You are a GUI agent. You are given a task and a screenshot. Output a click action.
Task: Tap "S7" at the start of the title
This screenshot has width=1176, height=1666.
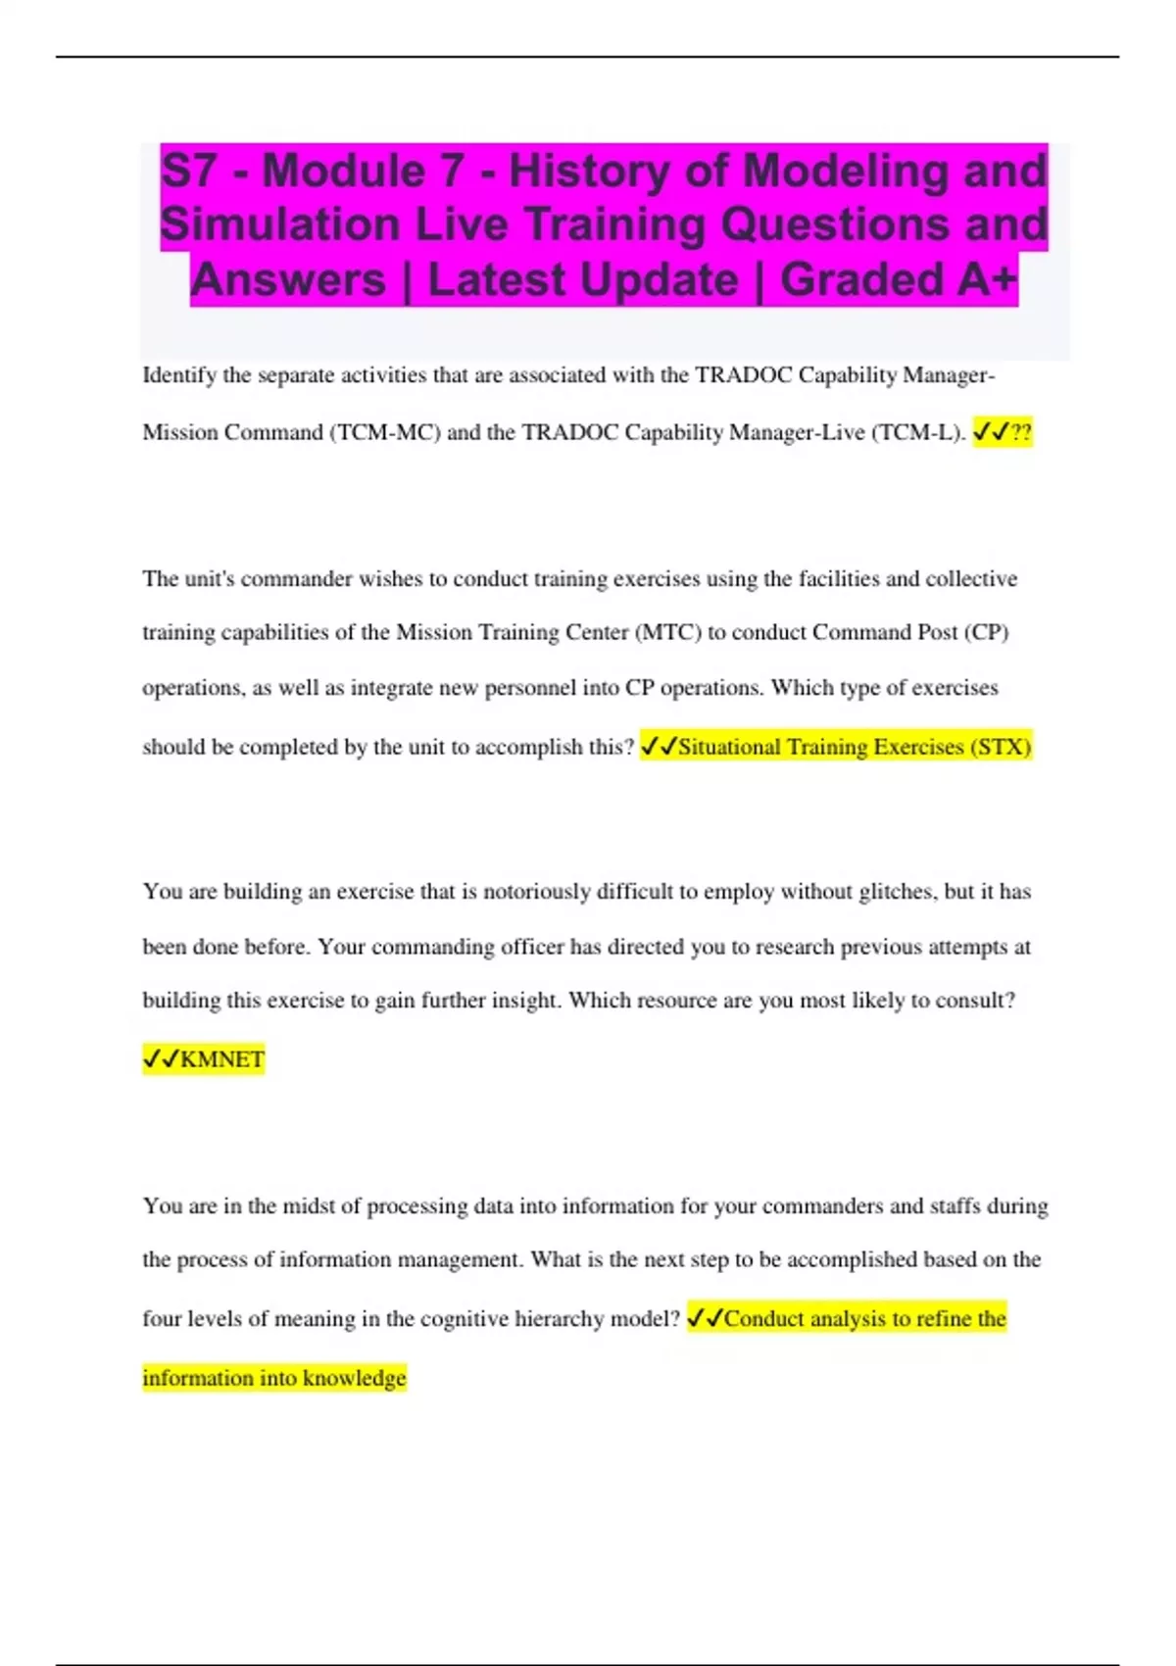[x=189, y=171]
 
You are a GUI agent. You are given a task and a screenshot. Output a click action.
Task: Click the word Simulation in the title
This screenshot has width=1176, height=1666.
[x=279, y=224]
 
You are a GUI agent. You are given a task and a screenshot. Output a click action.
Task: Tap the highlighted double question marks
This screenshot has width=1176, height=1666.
[x=1020, y=432]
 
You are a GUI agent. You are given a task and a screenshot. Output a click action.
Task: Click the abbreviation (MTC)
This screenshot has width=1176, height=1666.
[x=668, y=632]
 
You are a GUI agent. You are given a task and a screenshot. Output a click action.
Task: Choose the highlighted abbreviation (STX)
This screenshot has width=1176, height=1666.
[x=1001, y=747]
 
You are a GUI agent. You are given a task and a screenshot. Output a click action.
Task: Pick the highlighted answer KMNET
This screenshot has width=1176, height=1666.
[x=222, y=1059]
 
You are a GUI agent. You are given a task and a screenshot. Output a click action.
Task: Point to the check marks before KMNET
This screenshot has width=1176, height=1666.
[x=161, y=1059]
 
